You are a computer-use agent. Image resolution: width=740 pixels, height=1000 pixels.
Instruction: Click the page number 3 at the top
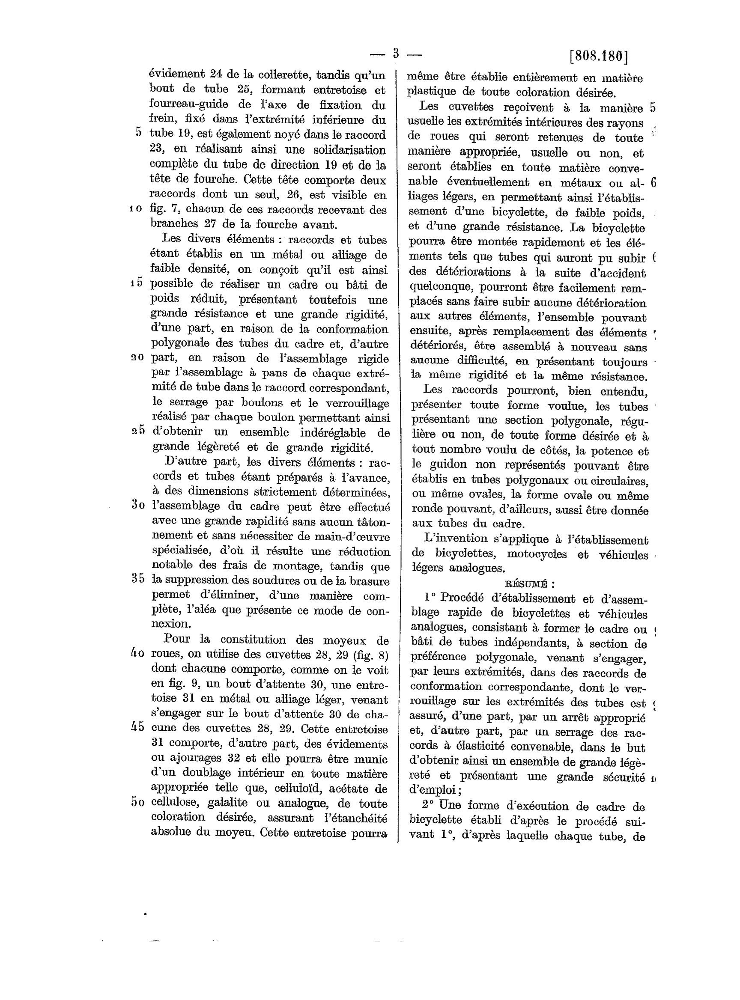[x=396, y=54]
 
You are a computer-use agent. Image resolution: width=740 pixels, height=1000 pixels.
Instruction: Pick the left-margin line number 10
[x=136, y=208]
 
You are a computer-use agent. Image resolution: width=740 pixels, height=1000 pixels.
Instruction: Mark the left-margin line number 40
[x=137, y=653]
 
